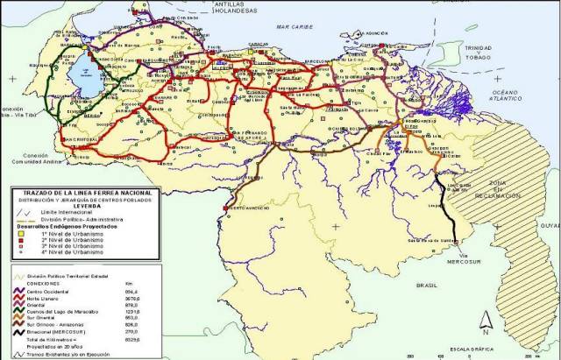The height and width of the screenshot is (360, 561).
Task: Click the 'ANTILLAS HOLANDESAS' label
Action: pyautogui.click(x=232, y=8)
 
